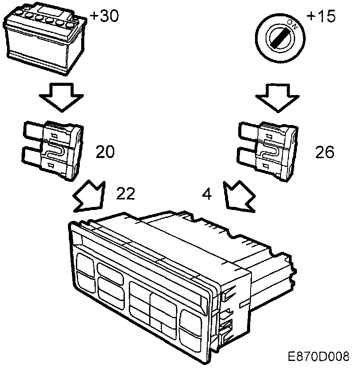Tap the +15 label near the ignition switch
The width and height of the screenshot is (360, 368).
[x=321, y=16]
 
